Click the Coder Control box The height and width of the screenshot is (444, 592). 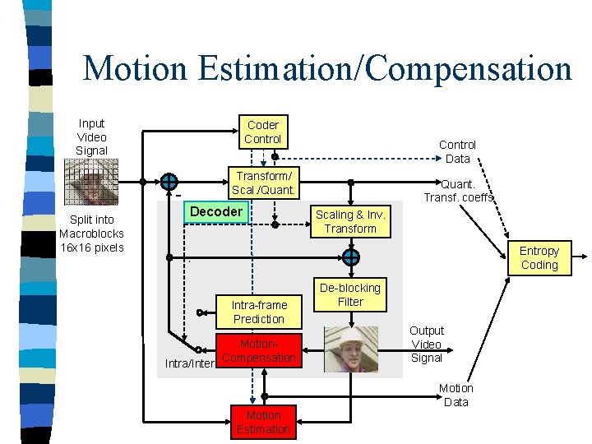(262, 132)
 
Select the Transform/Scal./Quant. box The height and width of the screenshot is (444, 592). (262, 183)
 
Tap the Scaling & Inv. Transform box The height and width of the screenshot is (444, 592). (350, 221)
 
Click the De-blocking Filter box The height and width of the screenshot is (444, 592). (350, 295)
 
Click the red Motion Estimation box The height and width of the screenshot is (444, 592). (263, 422)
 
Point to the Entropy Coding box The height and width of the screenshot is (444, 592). (539, 257)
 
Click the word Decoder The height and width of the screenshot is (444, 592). (216, 212)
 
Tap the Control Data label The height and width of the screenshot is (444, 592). (457, 151)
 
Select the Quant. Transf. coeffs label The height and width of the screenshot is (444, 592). (459, 191)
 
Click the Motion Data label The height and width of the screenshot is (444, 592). (456, 395)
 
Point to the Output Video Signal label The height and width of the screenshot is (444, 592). (427, 344)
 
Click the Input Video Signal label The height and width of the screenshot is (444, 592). (91, 137)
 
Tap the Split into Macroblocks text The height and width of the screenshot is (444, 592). (91, 234)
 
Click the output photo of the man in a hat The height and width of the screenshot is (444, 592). (351, 349)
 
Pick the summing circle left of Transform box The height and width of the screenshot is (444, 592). (169, 182)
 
